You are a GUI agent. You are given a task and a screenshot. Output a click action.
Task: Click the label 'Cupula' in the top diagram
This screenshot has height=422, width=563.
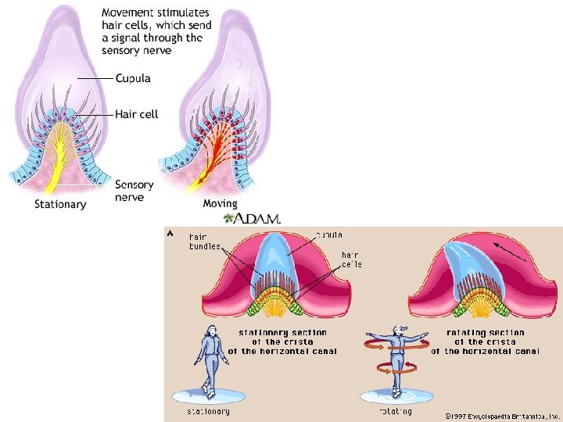coord(133,79)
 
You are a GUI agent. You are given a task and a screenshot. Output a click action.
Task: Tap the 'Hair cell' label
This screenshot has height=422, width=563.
coord(137,114)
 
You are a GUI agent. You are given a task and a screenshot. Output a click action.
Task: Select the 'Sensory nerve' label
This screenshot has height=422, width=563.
coord(134,191)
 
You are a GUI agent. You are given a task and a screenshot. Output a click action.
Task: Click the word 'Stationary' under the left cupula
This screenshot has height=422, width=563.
coord(60,204)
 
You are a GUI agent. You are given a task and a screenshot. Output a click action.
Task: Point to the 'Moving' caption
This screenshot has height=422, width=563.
coord(220,204)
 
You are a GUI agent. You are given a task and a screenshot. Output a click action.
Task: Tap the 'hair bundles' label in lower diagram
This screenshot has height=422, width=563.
coord(205,241)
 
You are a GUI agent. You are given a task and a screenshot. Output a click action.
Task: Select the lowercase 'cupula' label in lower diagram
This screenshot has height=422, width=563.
coord(328,234)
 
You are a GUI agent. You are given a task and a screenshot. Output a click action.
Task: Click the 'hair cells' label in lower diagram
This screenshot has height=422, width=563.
coord(351,259)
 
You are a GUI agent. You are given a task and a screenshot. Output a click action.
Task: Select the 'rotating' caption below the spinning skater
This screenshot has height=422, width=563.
coord(396,411)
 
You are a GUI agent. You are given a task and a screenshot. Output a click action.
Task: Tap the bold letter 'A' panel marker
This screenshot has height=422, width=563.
coord(170,231)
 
